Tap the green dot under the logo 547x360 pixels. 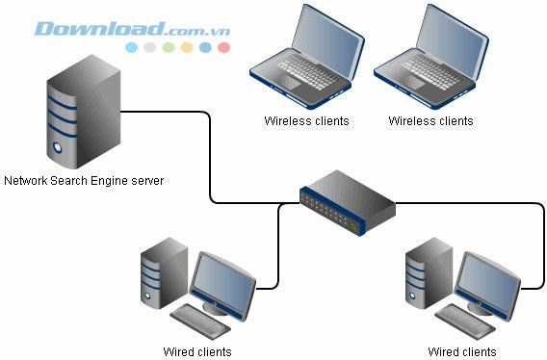coord(169,46)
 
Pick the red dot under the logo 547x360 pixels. coord(223,46)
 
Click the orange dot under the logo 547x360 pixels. coord(187,46)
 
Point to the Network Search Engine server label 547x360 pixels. coord(84,180)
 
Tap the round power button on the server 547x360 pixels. coord(60,149)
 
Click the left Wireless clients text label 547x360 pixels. coord(306,121)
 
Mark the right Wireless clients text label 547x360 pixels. coord(430,121)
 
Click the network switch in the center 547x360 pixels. coord(346,203)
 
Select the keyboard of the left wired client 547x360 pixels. coord(199,317)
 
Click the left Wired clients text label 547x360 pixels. coord(197,351)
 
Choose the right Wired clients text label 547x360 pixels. coord(463,351)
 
